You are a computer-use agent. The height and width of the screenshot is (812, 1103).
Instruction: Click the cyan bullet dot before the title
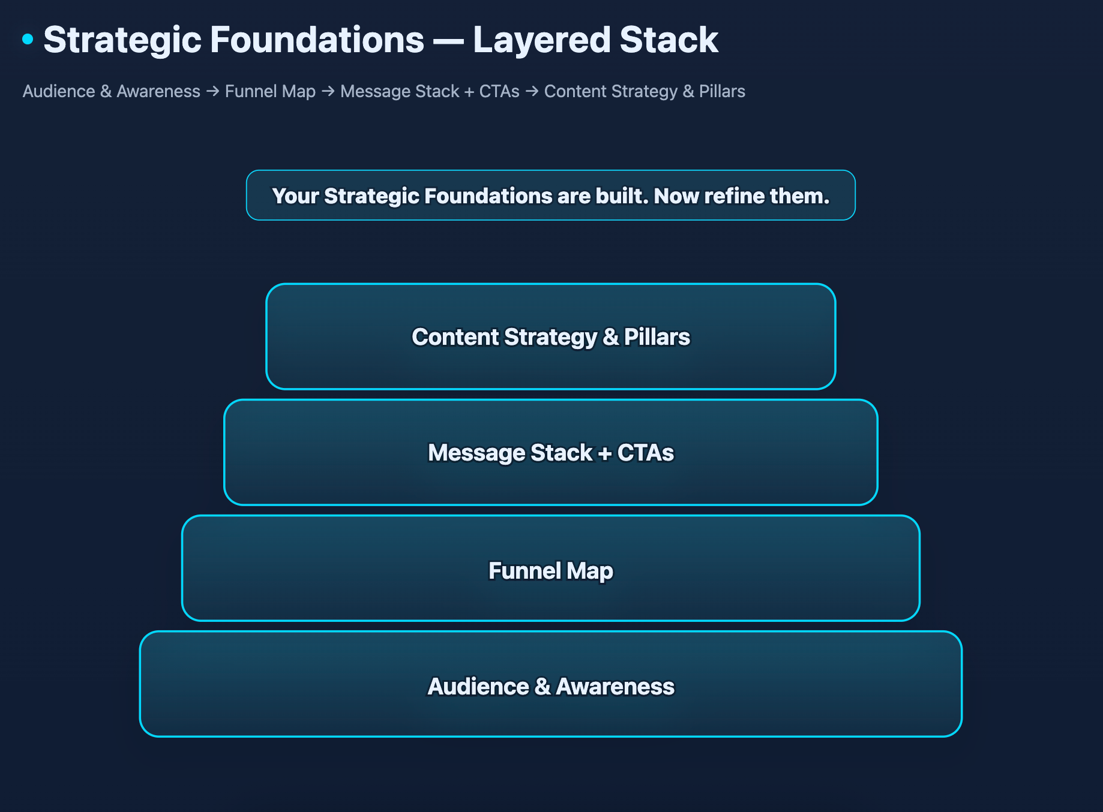tap(28, 40)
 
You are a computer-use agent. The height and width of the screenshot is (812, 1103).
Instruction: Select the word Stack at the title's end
tap(669, 40)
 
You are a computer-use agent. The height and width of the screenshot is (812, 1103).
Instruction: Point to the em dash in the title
tap(448, 41)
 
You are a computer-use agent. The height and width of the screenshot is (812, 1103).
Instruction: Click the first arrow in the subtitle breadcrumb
tap(212, 91)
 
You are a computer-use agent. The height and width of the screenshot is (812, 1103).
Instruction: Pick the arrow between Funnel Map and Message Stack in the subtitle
tap(328, 91)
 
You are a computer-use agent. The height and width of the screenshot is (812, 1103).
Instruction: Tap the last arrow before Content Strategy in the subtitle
tap(532, 91)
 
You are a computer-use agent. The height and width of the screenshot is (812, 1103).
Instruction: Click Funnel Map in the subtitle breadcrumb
tap(270, 91)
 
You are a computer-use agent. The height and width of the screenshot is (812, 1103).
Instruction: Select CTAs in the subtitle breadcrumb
tap(499, 91)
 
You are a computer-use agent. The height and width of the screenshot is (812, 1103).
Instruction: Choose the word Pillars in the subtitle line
tap(722, 91)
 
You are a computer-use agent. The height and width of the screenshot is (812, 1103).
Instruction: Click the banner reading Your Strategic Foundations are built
tap(550, 196)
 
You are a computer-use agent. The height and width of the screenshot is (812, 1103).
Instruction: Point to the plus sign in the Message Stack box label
tap(605, 453)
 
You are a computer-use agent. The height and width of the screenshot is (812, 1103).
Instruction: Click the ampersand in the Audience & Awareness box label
tap(542, 687)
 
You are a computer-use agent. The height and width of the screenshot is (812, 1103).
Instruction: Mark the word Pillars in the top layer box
tap(657, 337)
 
